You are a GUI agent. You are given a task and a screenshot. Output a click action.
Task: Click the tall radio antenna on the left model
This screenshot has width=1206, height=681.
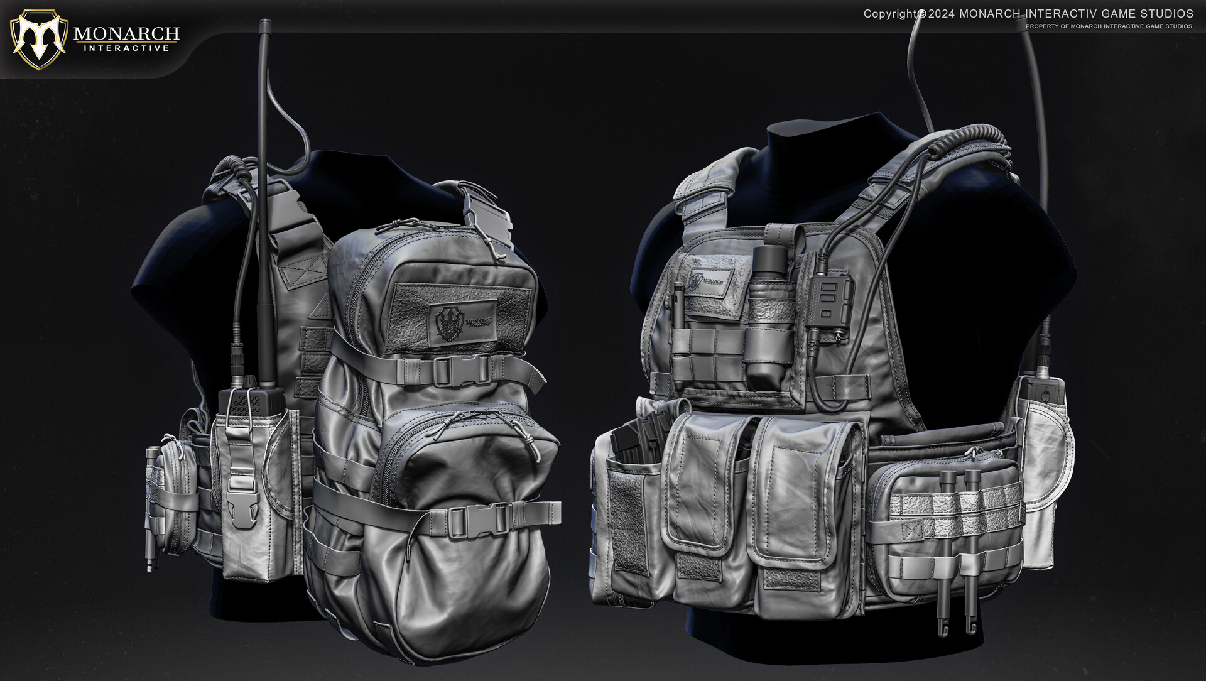pyautogui.click(x=266, y=188)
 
